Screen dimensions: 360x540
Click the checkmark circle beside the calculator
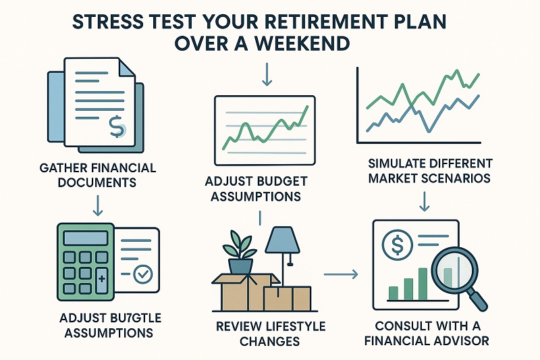tap(144, 274)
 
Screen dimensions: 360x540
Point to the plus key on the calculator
tap(102, 278)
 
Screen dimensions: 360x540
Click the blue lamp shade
tap(278, 238)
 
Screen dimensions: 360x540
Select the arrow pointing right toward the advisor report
tap(341, 274)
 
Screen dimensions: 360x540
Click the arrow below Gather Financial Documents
tap(97, 204)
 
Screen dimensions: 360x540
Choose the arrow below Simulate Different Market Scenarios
tap(425, 201)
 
